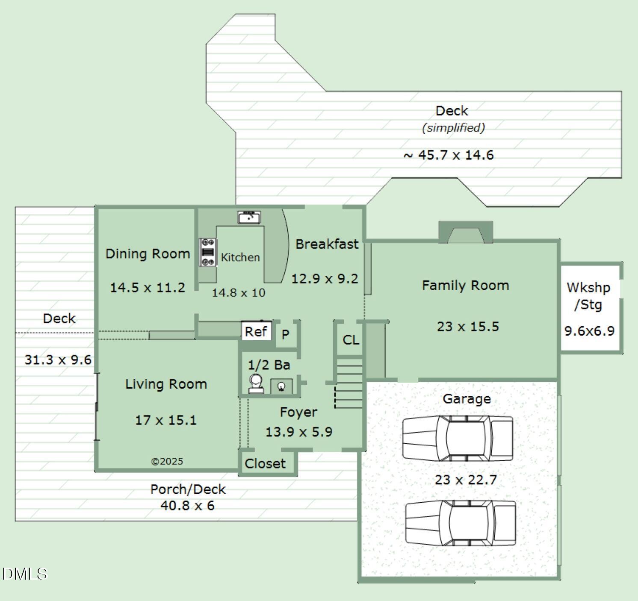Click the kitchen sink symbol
pyautogui.click(x=249, y=217)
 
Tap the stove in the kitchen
pyautogui.click(x=207, y=252)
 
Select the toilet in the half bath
pyautogui.click(x=256, y=384)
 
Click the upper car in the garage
pyautogui.click(x=458, y=439)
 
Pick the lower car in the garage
pyautogui.click(x=461, y=523)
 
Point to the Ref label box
pyautogui.click(x=256, y=331)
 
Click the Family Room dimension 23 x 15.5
pyautogui.click(x=468, y=327)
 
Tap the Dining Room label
pyautogui.click(x=148, y=254)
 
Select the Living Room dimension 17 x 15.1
pyautogui.click(x=166, y=420)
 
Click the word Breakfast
pyautogui.click(x=327, y=244)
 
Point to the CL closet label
pyautogui.click(x=351, y=340)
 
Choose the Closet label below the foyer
pyautogui.click(x=265, y=463)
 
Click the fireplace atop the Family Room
pyautogui.click(x=466, y=232)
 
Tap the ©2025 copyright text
pyautogui.click(x=167, y=461)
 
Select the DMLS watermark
pyautogui.click(x=25, y=574)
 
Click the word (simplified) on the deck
pyautogui.click(x=453, y=127)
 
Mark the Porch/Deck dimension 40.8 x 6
pyautogui.click(x=188, y=506)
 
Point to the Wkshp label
pyautogui.click(x=588, y=288)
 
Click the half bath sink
pyautogui.click(x=281, y=386)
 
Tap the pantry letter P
pyautogui.click(x=285, y=335)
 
